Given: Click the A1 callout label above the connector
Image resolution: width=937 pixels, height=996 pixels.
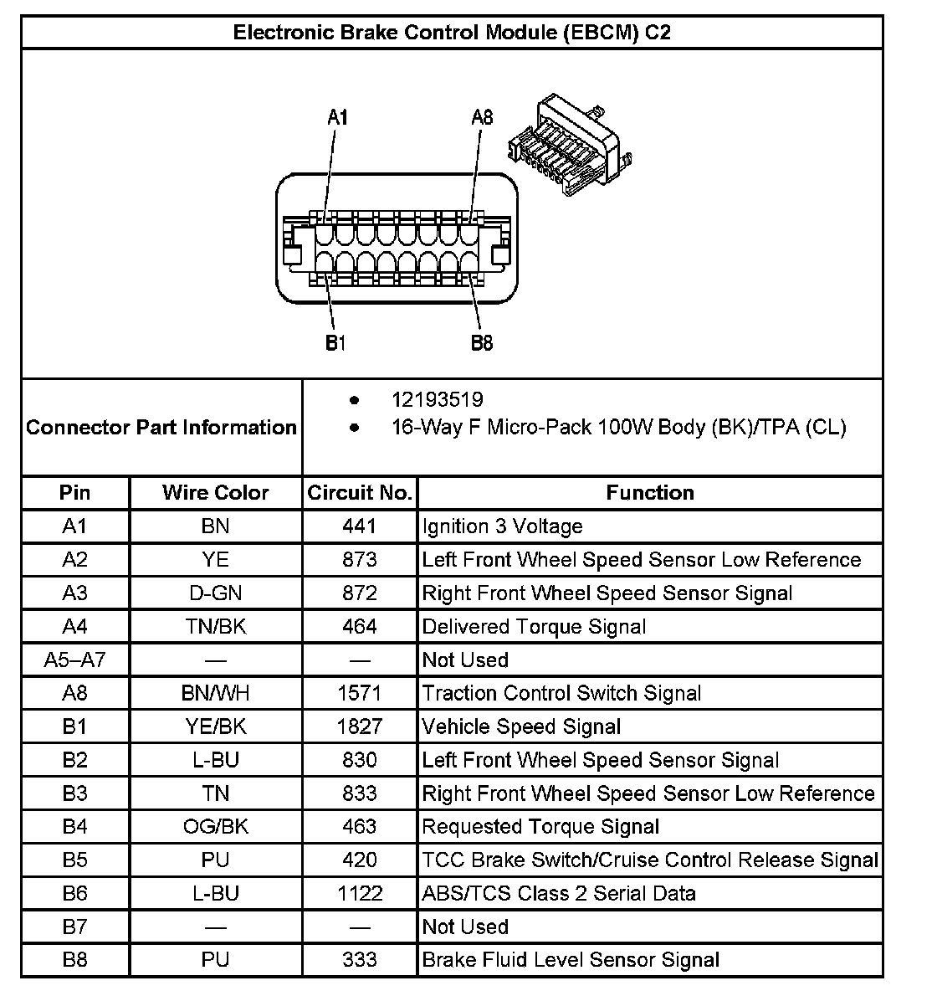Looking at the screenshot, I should pos(337,118).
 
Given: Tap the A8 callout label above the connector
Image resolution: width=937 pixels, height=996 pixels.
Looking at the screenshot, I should pos(482,117).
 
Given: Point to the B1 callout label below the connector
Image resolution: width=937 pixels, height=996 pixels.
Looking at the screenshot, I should pos(335,343).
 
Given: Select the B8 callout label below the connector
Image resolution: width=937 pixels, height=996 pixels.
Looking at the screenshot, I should pos(482,343).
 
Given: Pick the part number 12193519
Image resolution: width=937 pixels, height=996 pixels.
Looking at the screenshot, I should pos(437,400).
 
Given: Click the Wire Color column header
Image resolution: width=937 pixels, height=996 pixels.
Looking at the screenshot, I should pos(215,493).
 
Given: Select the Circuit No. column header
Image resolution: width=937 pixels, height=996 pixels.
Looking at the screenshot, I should pos(360,493).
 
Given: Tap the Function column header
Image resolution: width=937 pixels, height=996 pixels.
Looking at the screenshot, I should pos(650,493).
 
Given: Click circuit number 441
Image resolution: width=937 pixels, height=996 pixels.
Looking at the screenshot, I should pos(360,526).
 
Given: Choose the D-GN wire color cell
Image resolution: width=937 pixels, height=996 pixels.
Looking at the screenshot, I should pos(215,593).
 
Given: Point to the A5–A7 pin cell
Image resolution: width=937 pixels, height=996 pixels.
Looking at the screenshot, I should pos(74,660).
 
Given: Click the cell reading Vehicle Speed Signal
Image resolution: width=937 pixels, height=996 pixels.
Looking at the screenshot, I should pos(521,726).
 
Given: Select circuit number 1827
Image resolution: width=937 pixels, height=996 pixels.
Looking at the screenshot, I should pos(360,726).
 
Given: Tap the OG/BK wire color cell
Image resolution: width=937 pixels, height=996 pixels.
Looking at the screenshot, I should pos(215,827).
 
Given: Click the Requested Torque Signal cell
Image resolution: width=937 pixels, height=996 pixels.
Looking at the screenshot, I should pos(540,827).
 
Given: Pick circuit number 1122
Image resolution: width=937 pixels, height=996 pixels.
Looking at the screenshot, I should pos(360,893).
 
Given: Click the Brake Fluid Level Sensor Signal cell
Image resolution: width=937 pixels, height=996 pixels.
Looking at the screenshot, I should pos(571,960).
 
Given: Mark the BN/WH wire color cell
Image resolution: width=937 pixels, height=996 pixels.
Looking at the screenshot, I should pos(215,693).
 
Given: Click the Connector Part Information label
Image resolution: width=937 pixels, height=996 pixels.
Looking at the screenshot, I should pos(161,428).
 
